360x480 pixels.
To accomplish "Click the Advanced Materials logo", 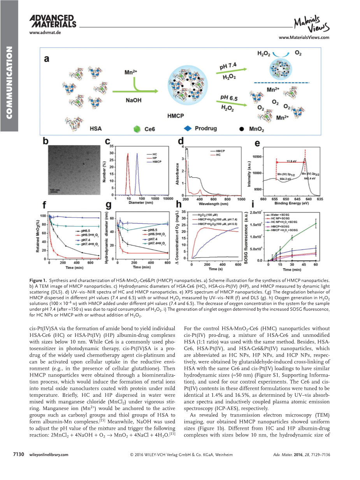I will (x=53, y=22).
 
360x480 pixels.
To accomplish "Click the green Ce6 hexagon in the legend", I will (x=136, y=128).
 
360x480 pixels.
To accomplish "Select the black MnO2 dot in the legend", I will (x=242, y=128).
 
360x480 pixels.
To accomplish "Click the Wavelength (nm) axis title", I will (x=213, y=203).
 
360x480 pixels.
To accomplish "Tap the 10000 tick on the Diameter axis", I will (x=168, y=198).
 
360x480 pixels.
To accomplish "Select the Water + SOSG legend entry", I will (x=278, y=215).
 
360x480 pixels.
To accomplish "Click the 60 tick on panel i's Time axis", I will (x=316, y=265).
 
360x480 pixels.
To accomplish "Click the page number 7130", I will (x=19, y=454).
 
